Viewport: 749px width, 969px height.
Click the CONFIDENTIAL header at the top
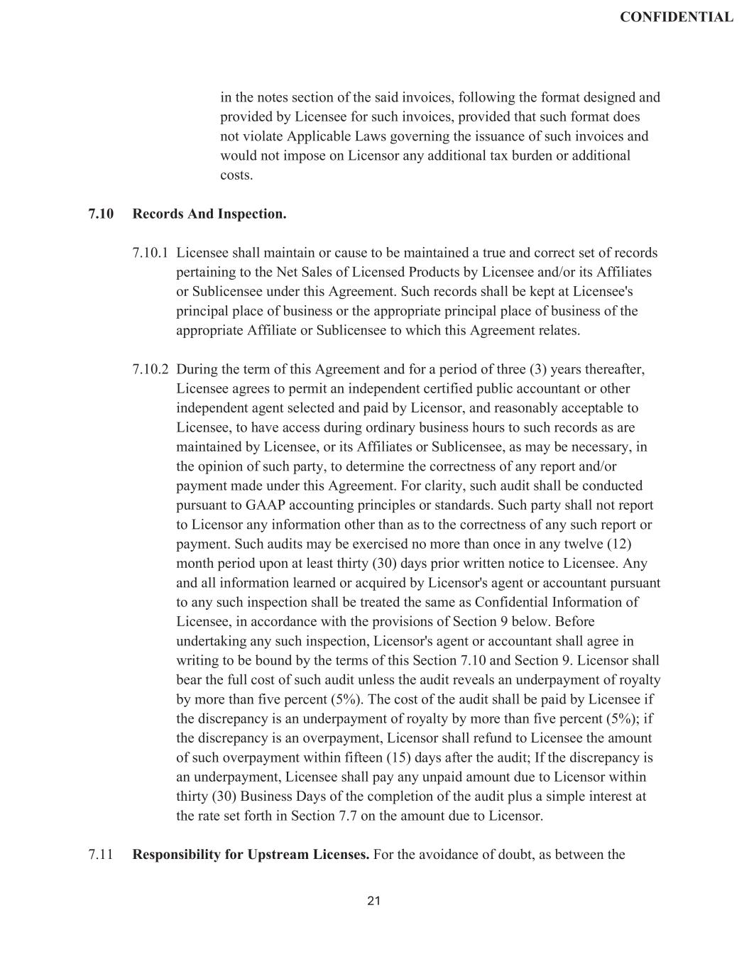click(676, 17)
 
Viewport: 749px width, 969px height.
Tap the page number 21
click(374, 901)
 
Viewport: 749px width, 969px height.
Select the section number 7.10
click(102, 214)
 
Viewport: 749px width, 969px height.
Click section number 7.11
click(101, 854)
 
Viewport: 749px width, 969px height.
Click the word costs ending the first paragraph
click(236, 175)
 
